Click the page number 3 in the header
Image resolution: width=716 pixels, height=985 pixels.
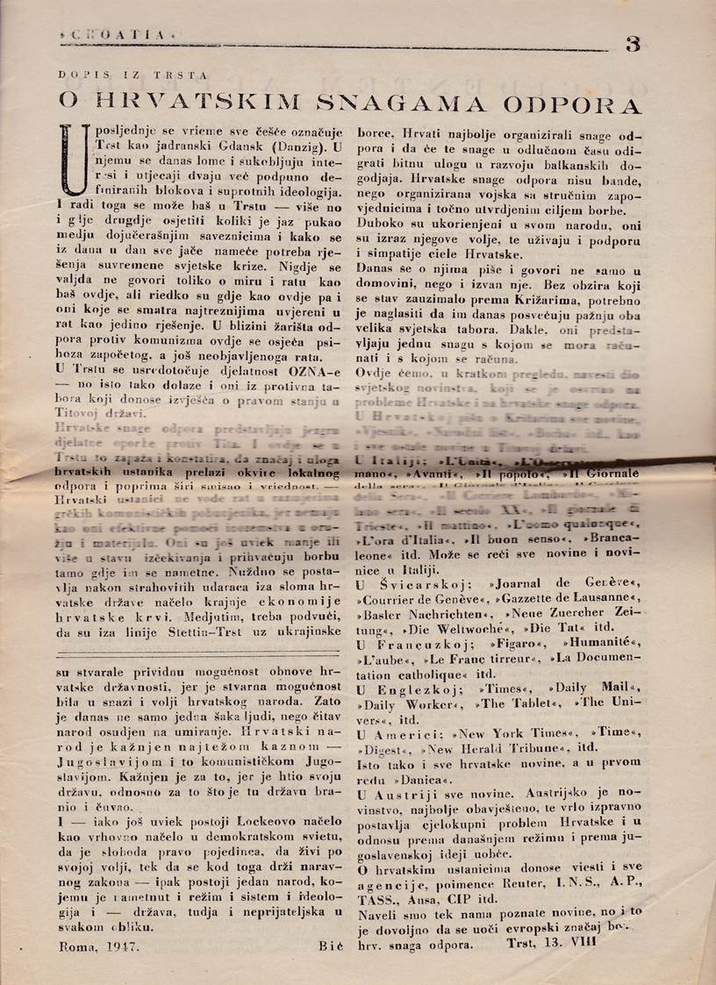(x=634, y=45)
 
